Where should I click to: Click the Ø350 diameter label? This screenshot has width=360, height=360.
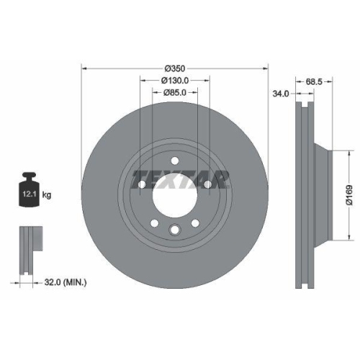tap(174, 68)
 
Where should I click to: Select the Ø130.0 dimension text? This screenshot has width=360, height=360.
tap(174, 80)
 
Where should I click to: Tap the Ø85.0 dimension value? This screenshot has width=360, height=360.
tap(174, 91)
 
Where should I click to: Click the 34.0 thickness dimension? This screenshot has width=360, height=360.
tap(280, 92)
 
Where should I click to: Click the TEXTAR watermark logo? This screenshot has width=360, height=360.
tap(176, 177)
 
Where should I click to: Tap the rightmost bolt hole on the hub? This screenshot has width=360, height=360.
tap(208, 186)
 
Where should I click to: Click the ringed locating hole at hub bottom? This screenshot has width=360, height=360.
tap(174, 230)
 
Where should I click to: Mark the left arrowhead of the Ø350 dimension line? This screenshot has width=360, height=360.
tap(84, 68)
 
